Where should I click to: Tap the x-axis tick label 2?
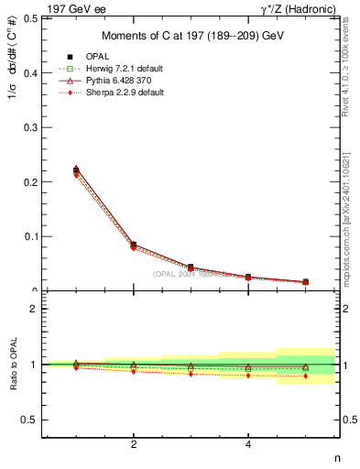(134, 444)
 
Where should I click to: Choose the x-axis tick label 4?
(248, 444)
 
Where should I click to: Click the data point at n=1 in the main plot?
(76, 169)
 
